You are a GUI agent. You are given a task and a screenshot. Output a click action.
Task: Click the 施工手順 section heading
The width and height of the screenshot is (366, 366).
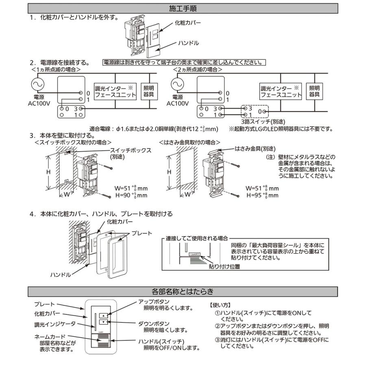(x=183, y=8)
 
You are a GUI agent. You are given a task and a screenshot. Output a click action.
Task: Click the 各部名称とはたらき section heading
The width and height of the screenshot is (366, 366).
(x=183, y=291)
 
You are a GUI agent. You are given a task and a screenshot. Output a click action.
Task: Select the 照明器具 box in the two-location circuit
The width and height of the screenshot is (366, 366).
(x=314, y=91)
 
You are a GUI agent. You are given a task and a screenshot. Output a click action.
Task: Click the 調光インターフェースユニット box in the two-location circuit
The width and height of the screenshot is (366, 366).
(x=281, y=91)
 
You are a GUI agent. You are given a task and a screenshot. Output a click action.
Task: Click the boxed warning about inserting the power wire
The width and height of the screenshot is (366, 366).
(x=184, y=63)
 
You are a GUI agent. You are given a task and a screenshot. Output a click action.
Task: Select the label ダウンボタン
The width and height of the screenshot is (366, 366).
(x=155, y=324)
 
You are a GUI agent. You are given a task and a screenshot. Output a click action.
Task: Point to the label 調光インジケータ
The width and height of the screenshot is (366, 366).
(x=55, y=325)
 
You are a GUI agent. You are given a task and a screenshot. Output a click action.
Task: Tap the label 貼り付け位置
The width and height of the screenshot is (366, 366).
(x=224, y=267)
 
